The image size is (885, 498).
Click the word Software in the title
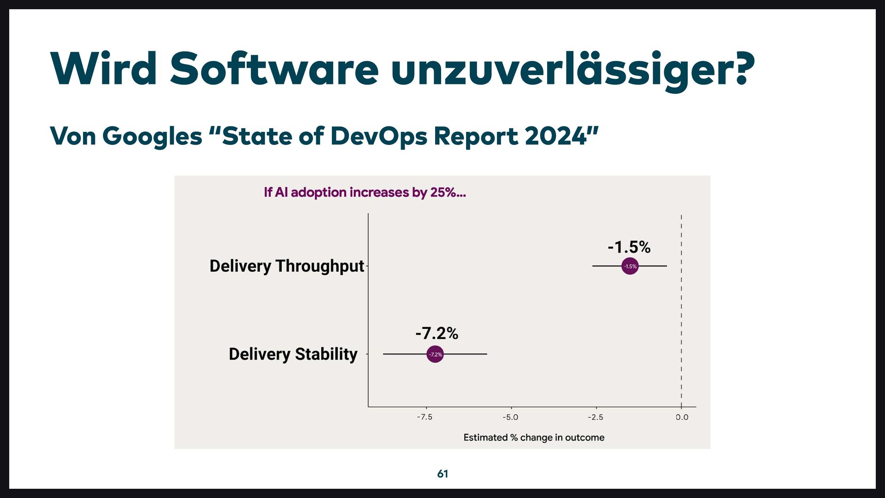click(274, 69)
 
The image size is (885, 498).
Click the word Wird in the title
click(104, 69)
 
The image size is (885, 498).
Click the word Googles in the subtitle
click(152, 137)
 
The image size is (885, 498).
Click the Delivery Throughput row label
click(287, 266)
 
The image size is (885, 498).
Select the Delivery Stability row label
click(293, 354)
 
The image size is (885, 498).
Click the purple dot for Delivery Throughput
click(630, 266)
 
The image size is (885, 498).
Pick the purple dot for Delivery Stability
click(435, 354)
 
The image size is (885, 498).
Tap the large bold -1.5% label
click(629, 247)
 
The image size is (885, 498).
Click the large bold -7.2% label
click(437, 333)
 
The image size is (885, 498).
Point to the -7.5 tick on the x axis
click(425, 417)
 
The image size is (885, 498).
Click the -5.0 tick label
click(510, 417)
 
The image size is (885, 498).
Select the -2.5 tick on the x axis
click(595, 417)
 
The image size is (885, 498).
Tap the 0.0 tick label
click(682, 417)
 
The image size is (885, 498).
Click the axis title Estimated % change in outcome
click(534, 437)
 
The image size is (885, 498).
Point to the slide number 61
click(442, 474)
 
